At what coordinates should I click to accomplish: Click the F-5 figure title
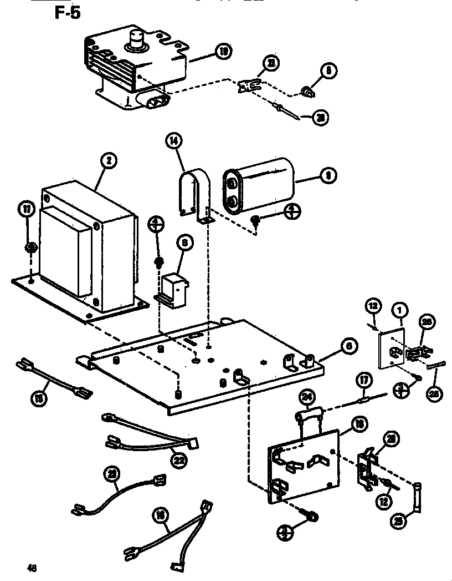tap(67, 12)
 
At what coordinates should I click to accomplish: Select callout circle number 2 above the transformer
tap(110, 161)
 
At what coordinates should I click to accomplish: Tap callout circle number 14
tap(174, 142)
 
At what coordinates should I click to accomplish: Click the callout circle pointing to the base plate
tap(347, 346)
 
